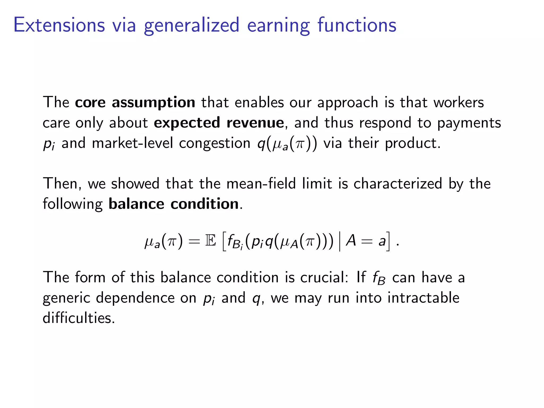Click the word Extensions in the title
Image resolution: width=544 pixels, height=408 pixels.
(x=59, y=25)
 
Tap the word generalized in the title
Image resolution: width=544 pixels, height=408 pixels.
(x=192, y=25)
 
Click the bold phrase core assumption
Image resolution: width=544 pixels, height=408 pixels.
(x=135, y=102)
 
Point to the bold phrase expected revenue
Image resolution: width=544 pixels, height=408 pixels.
(x=219, y=123)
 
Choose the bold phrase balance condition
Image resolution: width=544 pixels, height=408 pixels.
(x=174, y=204)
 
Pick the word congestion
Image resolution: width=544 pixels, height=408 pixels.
(x=215, y=144)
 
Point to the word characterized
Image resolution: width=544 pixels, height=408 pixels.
(x=398, y=184)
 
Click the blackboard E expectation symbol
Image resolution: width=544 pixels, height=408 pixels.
(x=211, y=241)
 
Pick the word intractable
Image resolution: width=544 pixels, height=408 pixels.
(x=423, y=297)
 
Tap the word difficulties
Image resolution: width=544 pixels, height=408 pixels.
(x=79, y=318)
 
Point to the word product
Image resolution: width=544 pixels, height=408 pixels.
(x=412, y=144)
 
